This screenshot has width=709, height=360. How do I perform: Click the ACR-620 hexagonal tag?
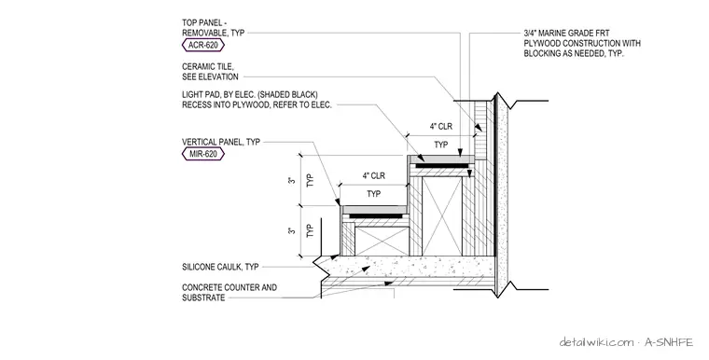pos(203,45)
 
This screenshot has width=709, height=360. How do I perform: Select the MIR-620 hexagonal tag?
pos(203,154)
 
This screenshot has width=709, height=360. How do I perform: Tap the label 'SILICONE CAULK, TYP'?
pos(220,267)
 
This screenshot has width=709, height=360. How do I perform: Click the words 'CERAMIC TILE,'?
pos(208,66)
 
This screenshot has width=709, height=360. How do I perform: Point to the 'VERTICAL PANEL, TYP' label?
pos(221,142)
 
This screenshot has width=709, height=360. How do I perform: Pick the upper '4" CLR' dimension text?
pos(441,127)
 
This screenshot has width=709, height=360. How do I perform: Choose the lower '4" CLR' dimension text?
pos(373,175)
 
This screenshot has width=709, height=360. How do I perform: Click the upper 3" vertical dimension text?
pos(293,180)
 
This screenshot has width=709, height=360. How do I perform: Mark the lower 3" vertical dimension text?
pos(293,230)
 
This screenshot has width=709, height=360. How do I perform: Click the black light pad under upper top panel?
pos(442,166)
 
